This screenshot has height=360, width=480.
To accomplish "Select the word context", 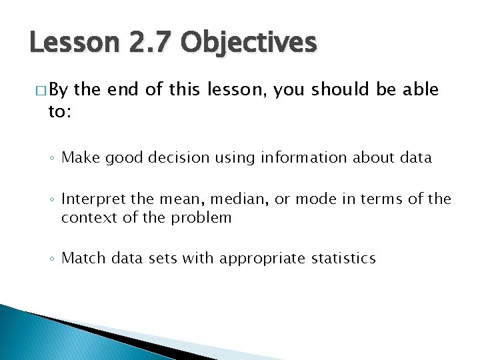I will (x=85, y=217).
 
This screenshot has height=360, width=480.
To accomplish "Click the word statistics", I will (x=343, y=258).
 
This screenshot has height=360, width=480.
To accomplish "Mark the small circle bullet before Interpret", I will (x=52, y=200).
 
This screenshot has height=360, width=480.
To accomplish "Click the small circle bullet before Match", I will (x=52, y=259).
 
